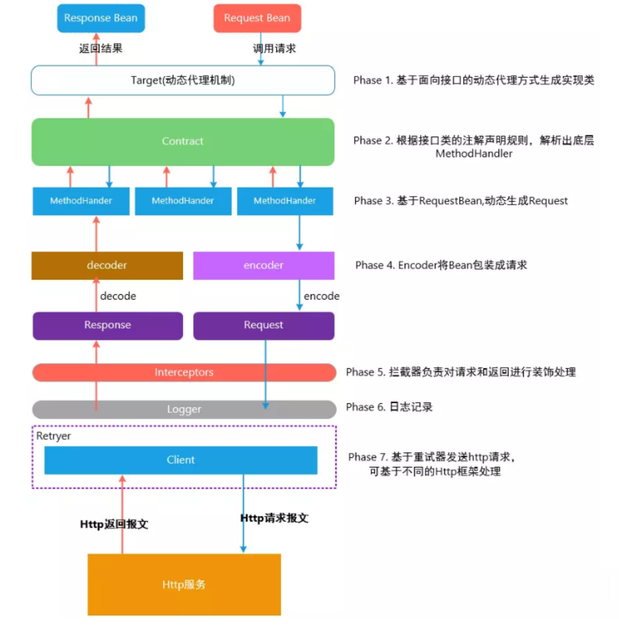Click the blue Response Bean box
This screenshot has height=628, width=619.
pyautogui.click(x=101, y=18)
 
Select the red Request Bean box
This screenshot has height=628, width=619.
pyautogui.click(x=257, y=18)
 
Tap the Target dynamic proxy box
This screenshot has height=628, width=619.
pyautogui.click(x=183, y=80)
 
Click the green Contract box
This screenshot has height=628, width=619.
pyautogui.click(x=183, y=141)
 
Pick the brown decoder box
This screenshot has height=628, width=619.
pyautogui.click(x=107, y=265)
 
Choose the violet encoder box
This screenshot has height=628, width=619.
pyautogui.click(x=263, y=265)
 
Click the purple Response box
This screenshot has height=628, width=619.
pyautogui.click(x=107, y=325)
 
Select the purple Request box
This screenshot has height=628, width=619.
pyautogui.click(x=263, y=325)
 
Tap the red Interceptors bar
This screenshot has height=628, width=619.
pyautogui.click(x=184, y=372)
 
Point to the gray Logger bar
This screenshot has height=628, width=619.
pyautogui.click(x=184, y=409)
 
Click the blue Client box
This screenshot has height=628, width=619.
pyautogui.click(x=181, y=460)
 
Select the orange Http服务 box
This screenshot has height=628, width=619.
pyautogui.click(x=184, y=584)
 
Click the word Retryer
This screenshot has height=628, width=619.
pyautogui.click(x=54, y=436)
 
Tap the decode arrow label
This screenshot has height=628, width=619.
pyautogui.click(x=118, y=296)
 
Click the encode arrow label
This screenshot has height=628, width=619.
pyautogui.click(x=321, y=296)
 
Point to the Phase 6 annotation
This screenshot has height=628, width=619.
pyautogui.click(x=389, y=407)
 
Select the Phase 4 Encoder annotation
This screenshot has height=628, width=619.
pyautogui.click(x=441, y=265)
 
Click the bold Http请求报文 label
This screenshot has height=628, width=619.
pyautogui.click(x=274, y=518)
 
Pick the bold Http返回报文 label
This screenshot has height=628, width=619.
pyautogui.click(x=114, y=524)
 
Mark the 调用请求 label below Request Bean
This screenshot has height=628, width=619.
pyautogui.click(x=274, y=48)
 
